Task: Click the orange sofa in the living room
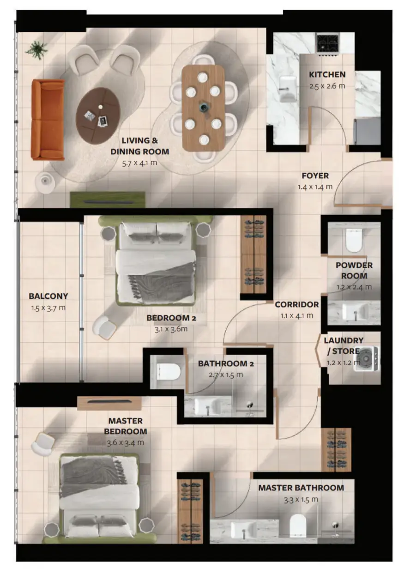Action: (x=48, y=120)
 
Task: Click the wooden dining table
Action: (x=203, y=107)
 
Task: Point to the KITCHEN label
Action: (x=327, y=74)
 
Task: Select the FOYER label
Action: (x=315, y=176)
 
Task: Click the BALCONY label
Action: (x=48, y=296)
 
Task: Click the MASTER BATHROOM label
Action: (x=301, y=488)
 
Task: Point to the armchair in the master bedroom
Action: (x=43, y=443)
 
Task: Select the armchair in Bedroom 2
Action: (x=104, y=327)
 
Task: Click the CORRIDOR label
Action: (x=296, y=305)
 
